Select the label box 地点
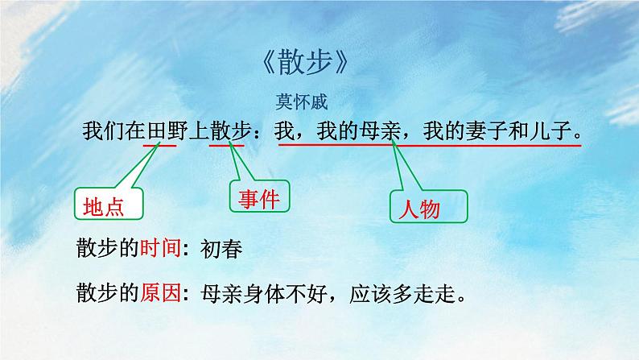click(x=108, y=207)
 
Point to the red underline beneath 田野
click(x=160, y=146)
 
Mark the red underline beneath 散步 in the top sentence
click(x=229, y=146)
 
